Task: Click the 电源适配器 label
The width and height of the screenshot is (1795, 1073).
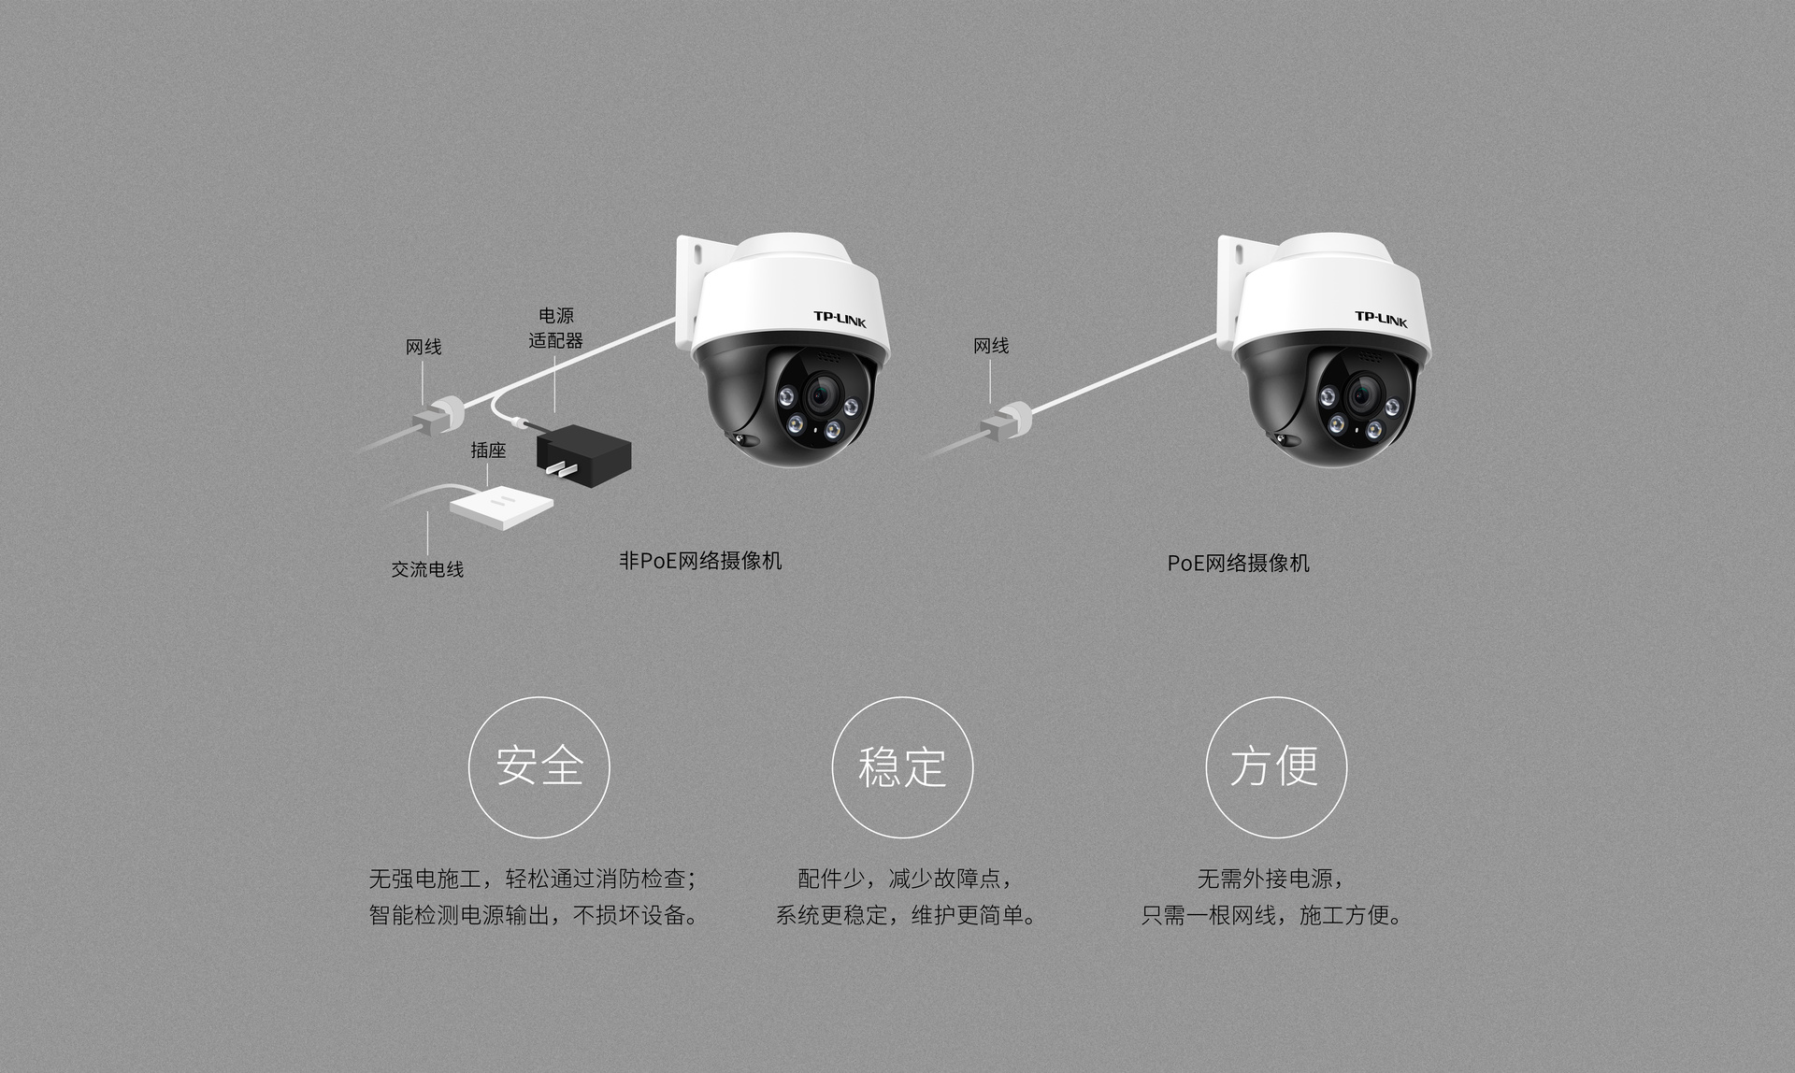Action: (555, 328)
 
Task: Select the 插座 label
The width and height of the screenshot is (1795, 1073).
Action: (488, 451)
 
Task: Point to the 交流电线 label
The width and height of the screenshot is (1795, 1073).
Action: (427, 569)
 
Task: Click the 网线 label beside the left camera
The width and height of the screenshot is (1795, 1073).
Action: (424, 347)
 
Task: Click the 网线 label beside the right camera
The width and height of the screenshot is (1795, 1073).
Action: (991, 346)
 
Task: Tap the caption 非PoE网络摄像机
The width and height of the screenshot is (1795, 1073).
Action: (700, 561)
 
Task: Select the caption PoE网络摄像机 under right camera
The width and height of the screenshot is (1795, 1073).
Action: (1238, 563)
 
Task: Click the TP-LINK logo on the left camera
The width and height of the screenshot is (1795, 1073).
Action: (840, 320)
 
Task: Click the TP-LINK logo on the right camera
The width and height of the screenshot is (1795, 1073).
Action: (1381, 320)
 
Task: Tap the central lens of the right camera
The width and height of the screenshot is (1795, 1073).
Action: (1362, 395)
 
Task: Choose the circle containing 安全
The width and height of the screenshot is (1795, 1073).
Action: (539, 767)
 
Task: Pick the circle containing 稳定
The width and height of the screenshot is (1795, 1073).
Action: (902, 767)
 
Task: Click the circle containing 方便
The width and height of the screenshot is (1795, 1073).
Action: (1276, 767)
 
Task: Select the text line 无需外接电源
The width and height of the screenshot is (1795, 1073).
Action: (1271, 879)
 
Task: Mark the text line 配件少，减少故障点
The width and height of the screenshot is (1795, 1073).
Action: (904, 879)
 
